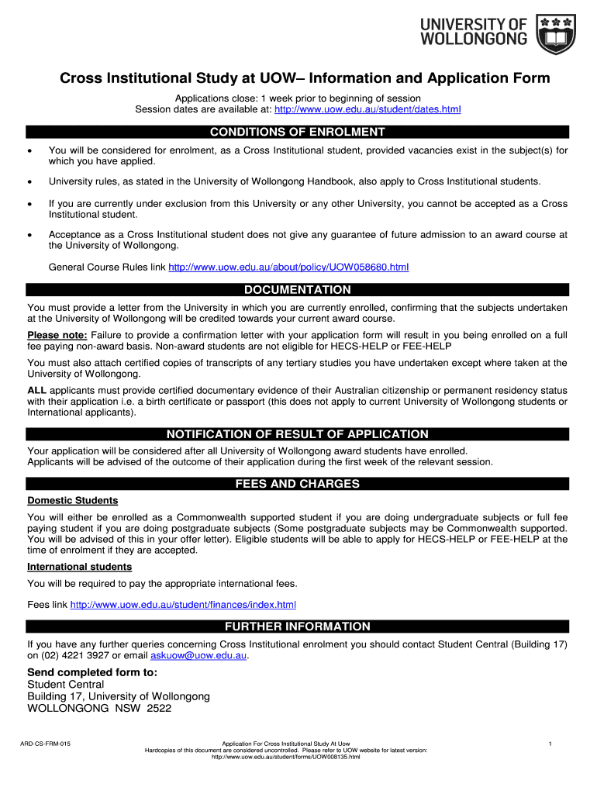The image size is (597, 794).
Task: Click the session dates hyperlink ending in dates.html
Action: tap(363, 109)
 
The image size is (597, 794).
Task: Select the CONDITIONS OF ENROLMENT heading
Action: tap(298, 132)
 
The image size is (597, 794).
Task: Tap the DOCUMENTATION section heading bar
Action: tap(298, 290)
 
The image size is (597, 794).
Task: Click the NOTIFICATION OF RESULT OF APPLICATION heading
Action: tap(298, 434)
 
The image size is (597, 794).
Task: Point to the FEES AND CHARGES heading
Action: tap(298, 484)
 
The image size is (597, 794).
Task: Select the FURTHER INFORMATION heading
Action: tap(298, 627)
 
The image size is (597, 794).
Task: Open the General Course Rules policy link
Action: tap(288, 268)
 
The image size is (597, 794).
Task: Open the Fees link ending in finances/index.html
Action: tap(183, 605)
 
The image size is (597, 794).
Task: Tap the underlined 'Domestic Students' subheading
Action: tap(72, 501)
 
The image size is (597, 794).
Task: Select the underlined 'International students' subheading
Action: tap(79, 567)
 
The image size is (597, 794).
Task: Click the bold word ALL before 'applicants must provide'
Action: tap(36, 390)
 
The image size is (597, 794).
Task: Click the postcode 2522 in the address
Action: tap(157, 708)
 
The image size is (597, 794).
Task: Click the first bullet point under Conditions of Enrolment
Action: tap(30, 150)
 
